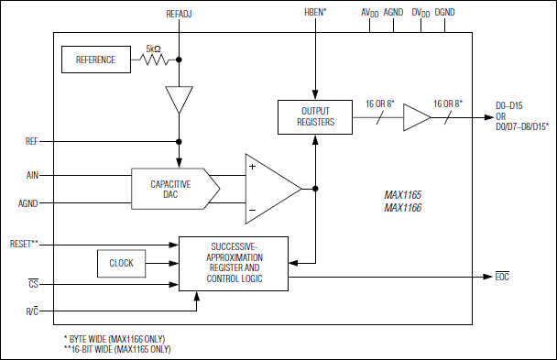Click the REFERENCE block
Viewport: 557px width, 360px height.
tap(95, 60)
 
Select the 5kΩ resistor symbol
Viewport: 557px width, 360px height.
tap(155, 60)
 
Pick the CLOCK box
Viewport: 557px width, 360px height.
tap(121, 263)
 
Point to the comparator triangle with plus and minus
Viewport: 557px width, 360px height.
tap(271, 188)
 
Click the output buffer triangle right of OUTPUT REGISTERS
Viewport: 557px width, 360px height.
tap(416, 116)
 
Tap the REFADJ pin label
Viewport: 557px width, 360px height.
tap(178, 14)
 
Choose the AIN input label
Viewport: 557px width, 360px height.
tap(33, 173)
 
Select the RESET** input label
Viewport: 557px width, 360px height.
tap(24, 245)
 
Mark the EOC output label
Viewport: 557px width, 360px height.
tap(503, 276)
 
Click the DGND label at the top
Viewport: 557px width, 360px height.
tap(445, 14)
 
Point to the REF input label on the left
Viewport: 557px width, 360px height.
tap(33, 142)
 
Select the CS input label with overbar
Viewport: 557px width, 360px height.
tap(33, 284)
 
